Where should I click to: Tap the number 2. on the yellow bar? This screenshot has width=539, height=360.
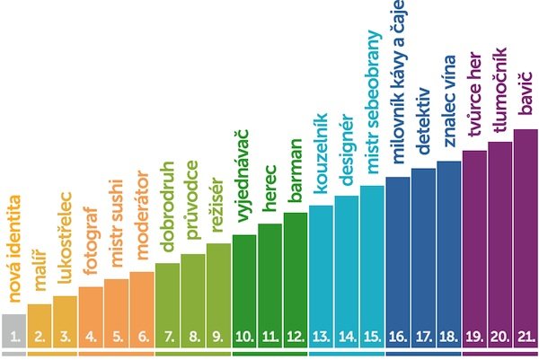[x=40, y=338]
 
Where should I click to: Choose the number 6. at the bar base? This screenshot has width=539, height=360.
[x=142, y=338]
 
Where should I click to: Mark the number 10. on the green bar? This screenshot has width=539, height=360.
[x=243, y=338]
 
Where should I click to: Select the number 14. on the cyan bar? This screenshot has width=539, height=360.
[x=346, y=338]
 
